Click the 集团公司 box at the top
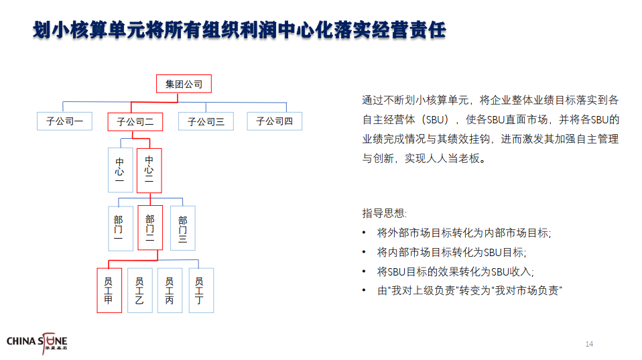(x=184, y=84)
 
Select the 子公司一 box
(x=65, y=121)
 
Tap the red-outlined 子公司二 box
(x=135, y=121)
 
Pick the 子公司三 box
(x=206, y=121)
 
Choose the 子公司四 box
(x=275, y=121)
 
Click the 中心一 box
(x=121, y=170)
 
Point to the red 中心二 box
(x=149, y=170)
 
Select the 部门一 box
(x=121, y=229)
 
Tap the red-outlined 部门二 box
(x=150, y=228)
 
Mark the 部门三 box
(x=183, y=228)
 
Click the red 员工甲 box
(x=109, y=290)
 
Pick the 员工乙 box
(x=140, y=290)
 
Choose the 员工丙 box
(x=170, y=290)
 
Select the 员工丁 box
(x=202, y=290)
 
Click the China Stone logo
(x=37, y=343)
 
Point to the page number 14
(x=589, y=344)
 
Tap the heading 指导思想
(x=383, y=213)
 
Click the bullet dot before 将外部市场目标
(x=364, y=233)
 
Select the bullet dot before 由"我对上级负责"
(x=364, y=290)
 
